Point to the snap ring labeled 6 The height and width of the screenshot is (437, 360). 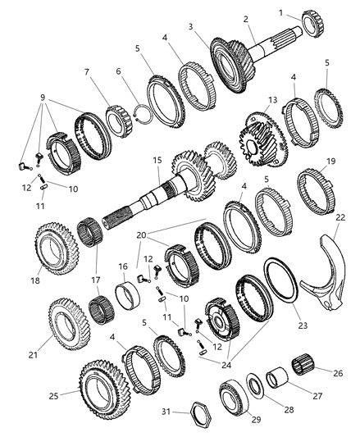pyautogui.click(x=142, y=113)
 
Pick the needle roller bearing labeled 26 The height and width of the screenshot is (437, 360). pyautogui.click(x=303, y=364)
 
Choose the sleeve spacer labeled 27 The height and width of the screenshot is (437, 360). pyautogui.click(x=278, y=378)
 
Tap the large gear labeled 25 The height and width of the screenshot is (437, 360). pyautogui.click(x=103, y=389)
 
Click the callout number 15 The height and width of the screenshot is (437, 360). pyautogui.click(x=157, y=160)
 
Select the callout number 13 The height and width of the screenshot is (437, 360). pyautogui.click(x=273, y=99)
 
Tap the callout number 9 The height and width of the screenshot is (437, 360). pyautogui.click(x=43, y=98)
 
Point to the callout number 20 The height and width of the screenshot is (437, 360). pyautogui.click(x=141, y=235)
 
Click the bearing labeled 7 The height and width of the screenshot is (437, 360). pyautogui.click(x=119, y=121)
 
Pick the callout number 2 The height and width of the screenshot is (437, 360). pyautogui.click(x=245, y=19)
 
